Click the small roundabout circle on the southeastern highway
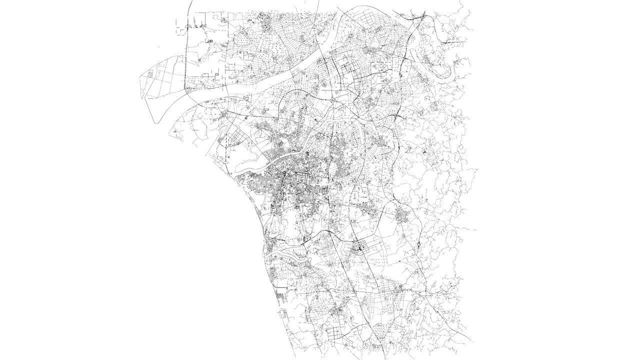(x=417, y=244)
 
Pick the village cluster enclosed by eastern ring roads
(x=403, y=216)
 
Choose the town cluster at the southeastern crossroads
(x=400, y=288)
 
